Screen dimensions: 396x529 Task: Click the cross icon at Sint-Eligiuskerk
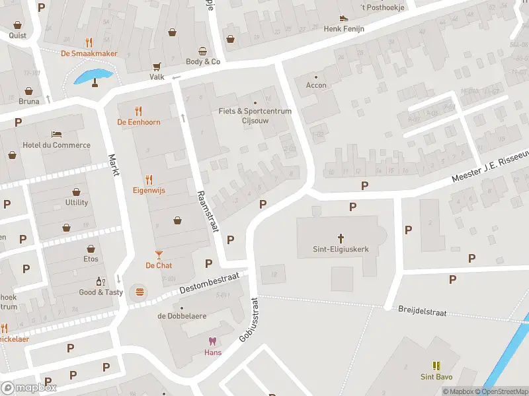[341, 238]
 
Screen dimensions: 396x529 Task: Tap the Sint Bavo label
[436, 377]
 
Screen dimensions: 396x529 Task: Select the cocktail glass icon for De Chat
[159, 254]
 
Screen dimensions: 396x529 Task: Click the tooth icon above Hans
[212, 341]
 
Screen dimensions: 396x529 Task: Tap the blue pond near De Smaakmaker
[91, 76]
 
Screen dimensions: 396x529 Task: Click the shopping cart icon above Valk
[157, 66]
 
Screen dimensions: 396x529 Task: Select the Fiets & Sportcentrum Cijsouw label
[255, 115]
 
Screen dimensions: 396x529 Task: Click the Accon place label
[316, 85]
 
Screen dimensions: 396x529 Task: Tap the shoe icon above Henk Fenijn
[343, 18]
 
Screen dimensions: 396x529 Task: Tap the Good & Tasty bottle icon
[101, 281]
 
